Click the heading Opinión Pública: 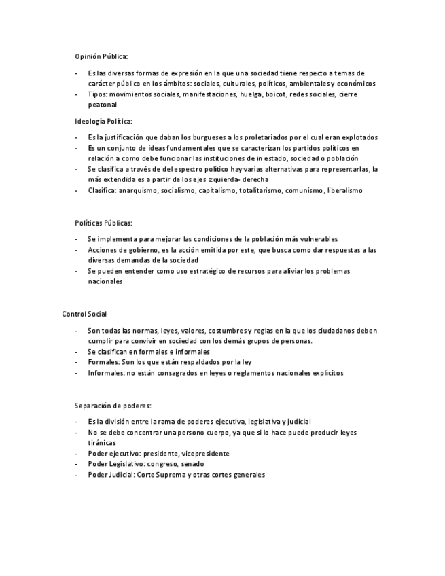pos(101,56)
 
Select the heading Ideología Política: pos(103,121)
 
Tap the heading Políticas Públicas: pos(103,223)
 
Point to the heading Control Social pos(84,314)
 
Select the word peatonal pos(102,105)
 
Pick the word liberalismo pos(344,190)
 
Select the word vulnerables pos(315,239)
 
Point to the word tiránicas pos(102,442)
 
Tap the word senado pos(193,464)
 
